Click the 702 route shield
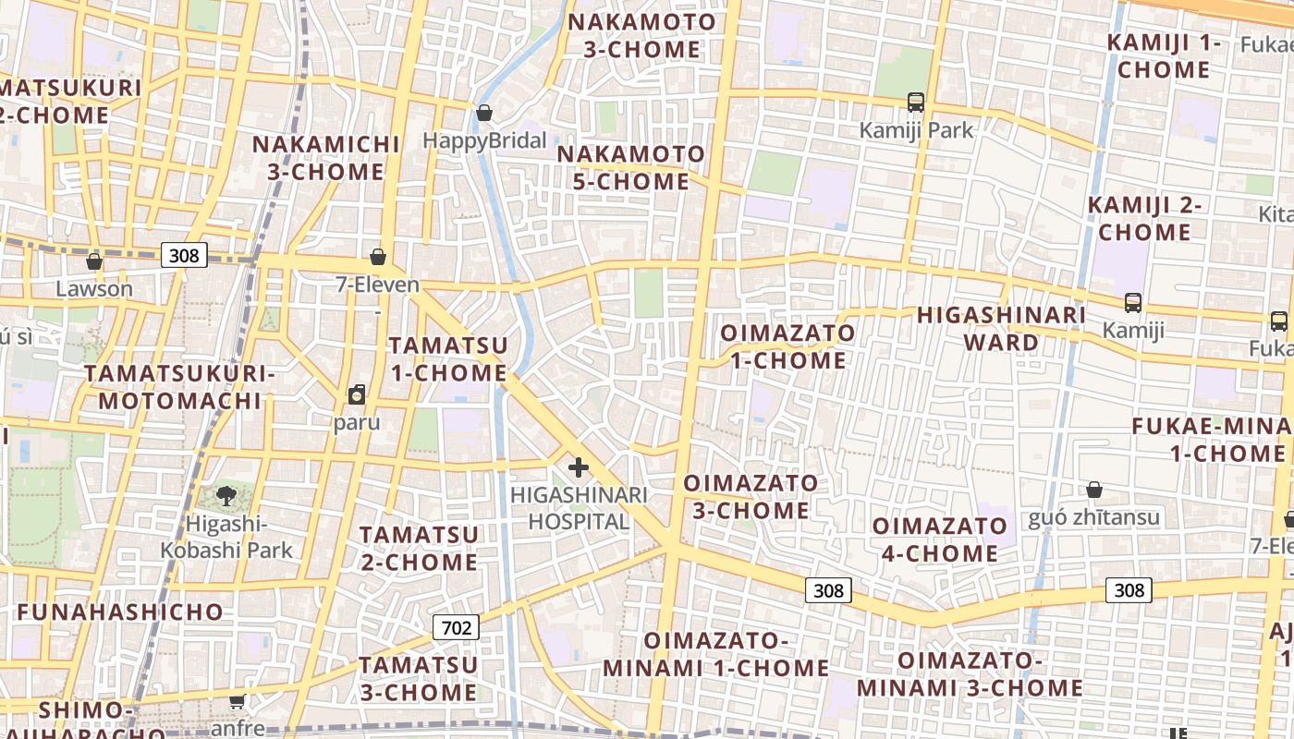pyautogui.click(x=457, y=628)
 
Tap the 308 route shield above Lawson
pyautogui.click(x=184, y=255)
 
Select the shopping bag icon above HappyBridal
pyautogui.click(x=483, y=113)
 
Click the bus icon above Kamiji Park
pyautogui.click(x=916, y=102)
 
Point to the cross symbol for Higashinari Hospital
pyautogui.click(x=579, y=467)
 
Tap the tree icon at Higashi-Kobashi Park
pyautogui.click(x=226, y=496)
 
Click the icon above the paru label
pyautogui.click(x=357, y=395)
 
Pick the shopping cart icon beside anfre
pyautogui.click(x=238, y=701)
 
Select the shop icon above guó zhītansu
pyautogui.click(x=1094, y=489)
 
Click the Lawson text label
pyautogui.click(x=94, y=288)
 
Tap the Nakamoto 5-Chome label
pyautogui.click(x=631, y=167)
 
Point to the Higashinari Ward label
pyautogui.click(x=1001, y=329)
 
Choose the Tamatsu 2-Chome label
pyautogui.click(x=419, y=548)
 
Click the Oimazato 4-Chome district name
pyautogui.click(x=935, y=539)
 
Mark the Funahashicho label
pyautogui.click(x=120, y=612)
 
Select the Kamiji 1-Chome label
pyautogui.click(x=1164, y=56)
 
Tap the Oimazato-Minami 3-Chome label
pyautogui.click(x=970, y=674)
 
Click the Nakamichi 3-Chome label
pyautogui.click(x=326, y=158)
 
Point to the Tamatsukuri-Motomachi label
pyautogui.click(x=180, y=387)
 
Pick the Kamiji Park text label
pyautogui.click(x=916, y=130)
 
